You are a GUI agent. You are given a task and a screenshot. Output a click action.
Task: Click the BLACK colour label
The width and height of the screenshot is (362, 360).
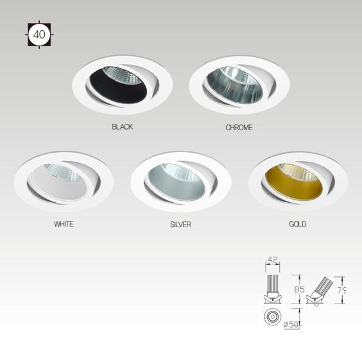122,126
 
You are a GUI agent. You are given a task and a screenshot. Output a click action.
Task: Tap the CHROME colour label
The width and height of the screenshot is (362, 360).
239,128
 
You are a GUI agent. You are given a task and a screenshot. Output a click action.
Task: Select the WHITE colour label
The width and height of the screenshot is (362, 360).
64,224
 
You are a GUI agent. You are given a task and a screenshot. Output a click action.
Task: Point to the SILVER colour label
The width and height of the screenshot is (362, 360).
180,225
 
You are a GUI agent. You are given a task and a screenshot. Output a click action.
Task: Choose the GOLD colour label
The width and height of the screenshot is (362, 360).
298,224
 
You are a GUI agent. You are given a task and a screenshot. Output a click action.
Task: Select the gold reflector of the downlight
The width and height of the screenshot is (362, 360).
292,185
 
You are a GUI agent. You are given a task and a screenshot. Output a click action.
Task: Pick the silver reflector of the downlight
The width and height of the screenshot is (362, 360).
175,185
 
